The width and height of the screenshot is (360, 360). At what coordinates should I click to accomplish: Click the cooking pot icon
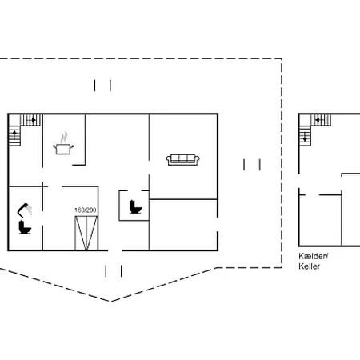point(63,149)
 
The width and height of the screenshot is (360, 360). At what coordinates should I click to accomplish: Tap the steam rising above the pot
point(63,138)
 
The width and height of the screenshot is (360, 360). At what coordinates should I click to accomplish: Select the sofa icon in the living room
point(183,160)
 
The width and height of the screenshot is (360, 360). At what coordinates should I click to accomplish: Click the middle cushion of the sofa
point(183,158)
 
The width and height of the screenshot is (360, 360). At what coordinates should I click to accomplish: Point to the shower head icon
point(25,210)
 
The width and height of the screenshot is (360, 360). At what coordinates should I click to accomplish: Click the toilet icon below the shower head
point(25,228)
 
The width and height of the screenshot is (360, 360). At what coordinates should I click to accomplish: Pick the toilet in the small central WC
point(135,207)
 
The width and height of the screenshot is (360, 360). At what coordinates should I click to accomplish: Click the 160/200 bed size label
point(86,210)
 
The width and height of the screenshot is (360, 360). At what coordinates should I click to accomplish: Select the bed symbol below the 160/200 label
point(86,233)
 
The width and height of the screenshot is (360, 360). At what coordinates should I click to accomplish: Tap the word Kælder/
point(314,256)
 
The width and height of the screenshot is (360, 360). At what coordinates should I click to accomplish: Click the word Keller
point(310,266)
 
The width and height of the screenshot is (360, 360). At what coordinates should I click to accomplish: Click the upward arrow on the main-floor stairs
point(14,134)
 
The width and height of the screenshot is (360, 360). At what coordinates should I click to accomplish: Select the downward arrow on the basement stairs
point(305,138)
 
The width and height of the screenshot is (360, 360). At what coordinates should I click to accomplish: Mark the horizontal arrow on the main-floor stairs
point(32,120)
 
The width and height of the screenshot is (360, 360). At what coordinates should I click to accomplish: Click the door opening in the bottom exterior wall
point(115,250)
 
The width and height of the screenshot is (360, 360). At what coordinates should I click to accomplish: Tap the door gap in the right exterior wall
point(218,224)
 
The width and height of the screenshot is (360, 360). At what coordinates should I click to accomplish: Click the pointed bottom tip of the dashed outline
point(110,302)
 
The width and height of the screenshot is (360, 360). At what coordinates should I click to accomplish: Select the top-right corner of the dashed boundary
point(282,58)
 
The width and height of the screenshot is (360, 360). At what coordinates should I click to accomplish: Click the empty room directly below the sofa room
point(183,225)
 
